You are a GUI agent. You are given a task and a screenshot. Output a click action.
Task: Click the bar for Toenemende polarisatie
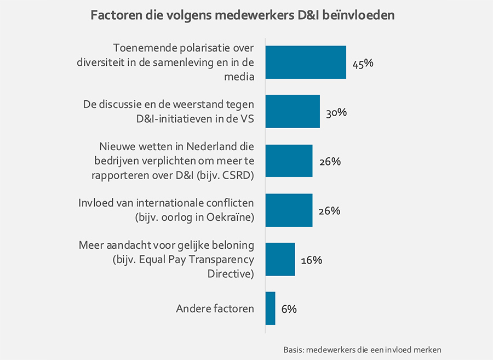[305, 62]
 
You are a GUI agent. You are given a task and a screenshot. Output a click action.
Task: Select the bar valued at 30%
[292, 112]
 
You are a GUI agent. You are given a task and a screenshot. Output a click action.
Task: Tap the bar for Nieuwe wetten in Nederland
[289, 161]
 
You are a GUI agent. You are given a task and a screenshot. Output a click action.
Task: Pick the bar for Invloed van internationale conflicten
[289, 210]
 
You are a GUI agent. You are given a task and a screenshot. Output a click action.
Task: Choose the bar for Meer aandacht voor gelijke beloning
[280, 259]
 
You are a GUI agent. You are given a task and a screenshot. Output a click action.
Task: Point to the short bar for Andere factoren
[270, 308]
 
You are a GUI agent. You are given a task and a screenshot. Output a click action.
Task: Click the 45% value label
[363, 64]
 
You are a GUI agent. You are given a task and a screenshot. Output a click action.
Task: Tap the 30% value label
[336, 113]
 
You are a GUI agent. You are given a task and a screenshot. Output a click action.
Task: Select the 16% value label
[311, 260]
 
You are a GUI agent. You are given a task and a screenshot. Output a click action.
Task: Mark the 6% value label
[289, 310]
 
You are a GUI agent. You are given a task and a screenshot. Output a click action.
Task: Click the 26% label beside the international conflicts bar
[329, 211]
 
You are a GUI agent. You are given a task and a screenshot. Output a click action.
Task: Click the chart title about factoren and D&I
[243, 16]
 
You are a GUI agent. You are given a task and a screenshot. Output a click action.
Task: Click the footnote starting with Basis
[362, 349]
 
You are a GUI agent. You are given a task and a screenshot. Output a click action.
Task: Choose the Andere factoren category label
[215, 308]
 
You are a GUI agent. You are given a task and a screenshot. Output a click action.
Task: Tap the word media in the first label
[239, 77]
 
